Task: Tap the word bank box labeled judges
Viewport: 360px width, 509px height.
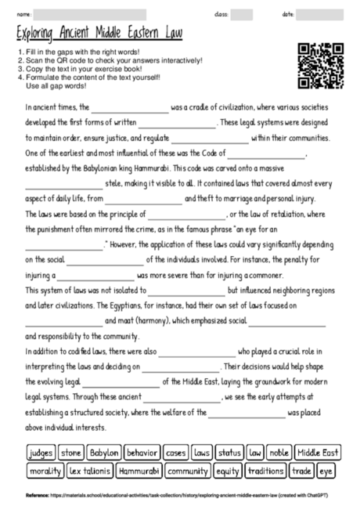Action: (x=40, y=453)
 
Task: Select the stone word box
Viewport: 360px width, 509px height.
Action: (x=70, y=453)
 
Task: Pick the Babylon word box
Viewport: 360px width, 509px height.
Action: (x=103, y=453)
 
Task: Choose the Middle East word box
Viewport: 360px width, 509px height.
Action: (x=318, y=453)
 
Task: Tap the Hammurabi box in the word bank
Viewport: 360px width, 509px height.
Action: (x=139, y=471)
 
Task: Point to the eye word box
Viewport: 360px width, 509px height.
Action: (x=326, y=471)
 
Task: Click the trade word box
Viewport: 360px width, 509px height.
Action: (x=301, y=471)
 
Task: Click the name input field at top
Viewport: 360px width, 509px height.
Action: (x=90, y=14)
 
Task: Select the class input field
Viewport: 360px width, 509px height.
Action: (x=242, y=14)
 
